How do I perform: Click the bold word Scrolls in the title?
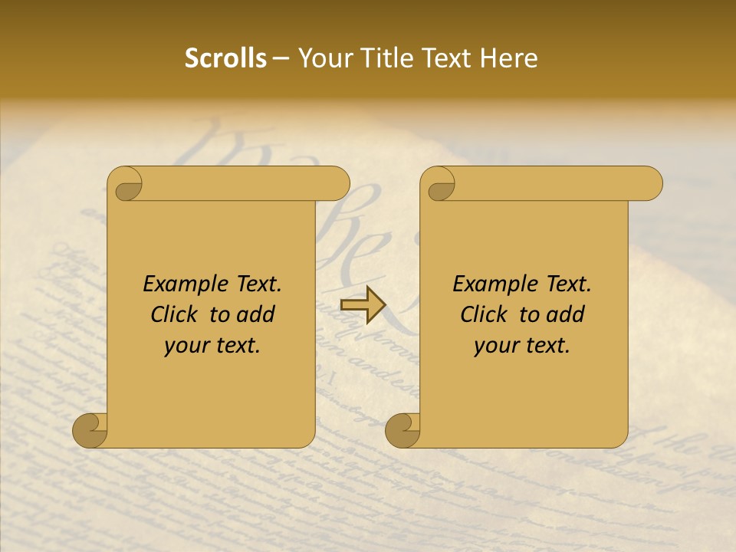coord(225,58)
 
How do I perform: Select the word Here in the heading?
coord(509,58)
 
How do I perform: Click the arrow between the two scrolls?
coord(362,305)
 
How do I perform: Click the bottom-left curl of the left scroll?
coord(90,429)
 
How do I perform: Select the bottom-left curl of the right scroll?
coord(403,429)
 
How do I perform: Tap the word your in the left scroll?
coord(185,346)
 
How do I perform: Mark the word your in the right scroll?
coord(495,346)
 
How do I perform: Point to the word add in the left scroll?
coord(257,314)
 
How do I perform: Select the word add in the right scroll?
coord(567,314)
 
